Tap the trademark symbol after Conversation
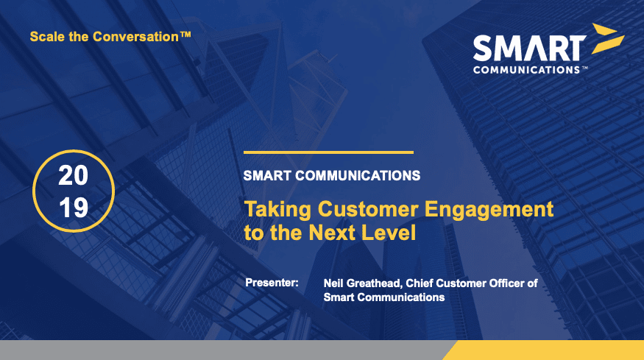click(185, 35)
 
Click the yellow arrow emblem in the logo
click(607, 38)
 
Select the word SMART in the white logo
click(529, 49)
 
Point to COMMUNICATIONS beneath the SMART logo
click(526, 70)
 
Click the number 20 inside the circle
click(73, 175)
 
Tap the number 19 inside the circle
click(74, 208)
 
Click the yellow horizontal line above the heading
click(328, 152)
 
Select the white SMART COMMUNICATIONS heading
click(332, 176)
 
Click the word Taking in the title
click(278, 210)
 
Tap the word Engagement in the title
click(489, 210)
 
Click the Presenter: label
click(272, 283)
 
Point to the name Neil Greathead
click(361, 283)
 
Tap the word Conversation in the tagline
click(136, 37)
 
